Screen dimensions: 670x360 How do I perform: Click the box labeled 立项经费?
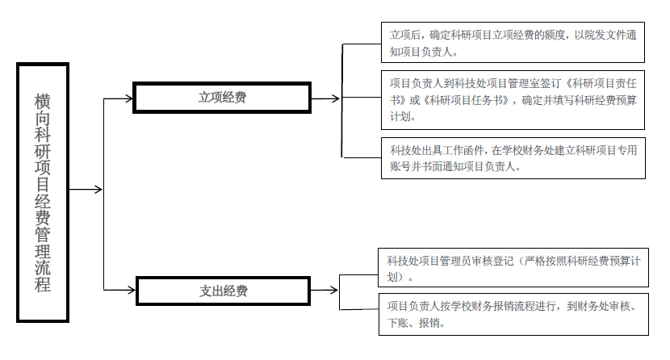click(222, 98)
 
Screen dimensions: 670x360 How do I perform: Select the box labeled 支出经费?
click(223, 291)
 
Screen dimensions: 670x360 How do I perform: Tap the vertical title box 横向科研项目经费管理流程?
click(43, 192)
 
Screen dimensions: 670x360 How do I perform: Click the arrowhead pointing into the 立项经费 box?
click(129, 98)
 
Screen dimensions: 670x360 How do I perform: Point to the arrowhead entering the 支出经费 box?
click(132, 291)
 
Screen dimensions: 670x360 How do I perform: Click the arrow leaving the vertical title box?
click(86, 189)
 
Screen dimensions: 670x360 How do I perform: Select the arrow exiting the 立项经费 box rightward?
click(325, 98)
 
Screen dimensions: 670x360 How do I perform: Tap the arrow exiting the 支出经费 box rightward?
click(325, 291)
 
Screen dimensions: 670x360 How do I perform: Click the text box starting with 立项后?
click(513, 42)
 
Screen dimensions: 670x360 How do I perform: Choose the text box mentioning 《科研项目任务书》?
click(513, 100)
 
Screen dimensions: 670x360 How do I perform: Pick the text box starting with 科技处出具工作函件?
click(513, 158)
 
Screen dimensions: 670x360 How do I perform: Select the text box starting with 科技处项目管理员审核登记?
click(513, 267)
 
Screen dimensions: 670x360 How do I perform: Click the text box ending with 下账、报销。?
click(513, 314)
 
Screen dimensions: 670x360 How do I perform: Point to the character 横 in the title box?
click(42, 102)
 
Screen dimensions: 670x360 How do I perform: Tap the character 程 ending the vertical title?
click(42, 284)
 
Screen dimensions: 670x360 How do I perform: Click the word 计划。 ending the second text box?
click(403, 116)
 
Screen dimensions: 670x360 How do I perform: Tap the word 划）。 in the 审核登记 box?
click(400, 277)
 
